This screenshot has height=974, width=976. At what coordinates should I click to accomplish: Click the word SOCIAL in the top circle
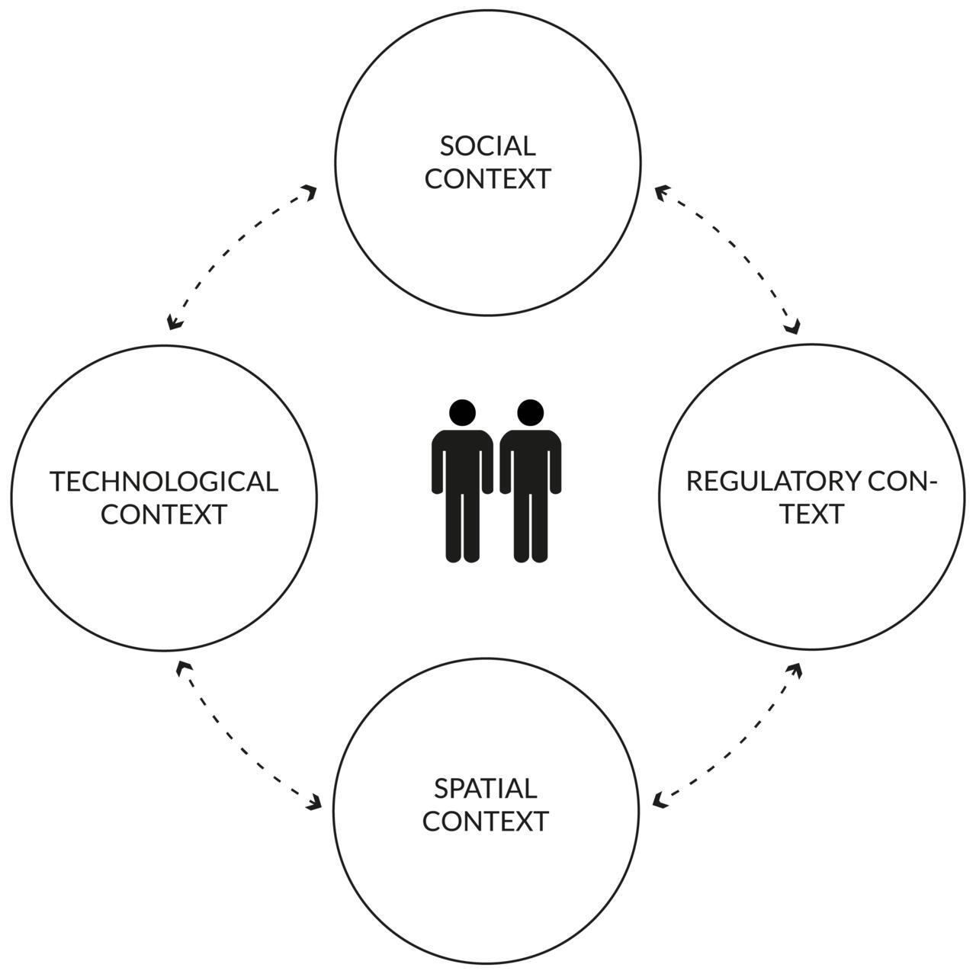tap(487, 146)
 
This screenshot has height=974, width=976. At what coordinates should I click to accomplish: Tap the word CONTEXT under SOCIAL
tap(487, 179)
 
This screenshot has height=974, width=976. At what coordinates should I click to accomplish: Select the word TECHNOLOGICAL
tap(164, 482)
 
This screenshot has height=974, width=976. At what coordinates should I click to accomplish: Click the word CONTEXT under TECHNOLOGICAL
tap(164, 515)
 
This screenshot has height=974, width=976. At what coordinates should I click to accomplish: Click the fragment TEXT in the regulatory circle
tap(811, 515)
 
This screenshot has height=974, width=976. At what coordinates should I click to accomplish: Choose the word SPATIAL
tap(486, 788)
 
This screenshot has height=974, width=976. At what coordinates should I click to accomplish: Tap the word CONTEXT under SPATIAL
tap(486, 822)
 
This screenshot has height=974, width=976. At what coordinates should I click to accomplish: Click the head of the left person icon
tap(462, 412)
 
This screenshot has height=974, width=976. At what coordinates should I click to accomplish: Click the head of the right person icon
tap(530, 412)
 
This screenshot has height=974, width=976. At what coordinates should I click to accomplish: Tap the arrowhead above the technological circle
tap(175, 323)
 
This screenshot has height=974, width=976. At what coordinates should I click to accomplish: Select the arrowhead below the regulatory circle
tap(795, 670)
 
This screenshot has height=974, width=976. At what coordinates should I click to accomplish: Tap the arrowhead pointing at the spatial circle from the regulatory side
tap(660, 800)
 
